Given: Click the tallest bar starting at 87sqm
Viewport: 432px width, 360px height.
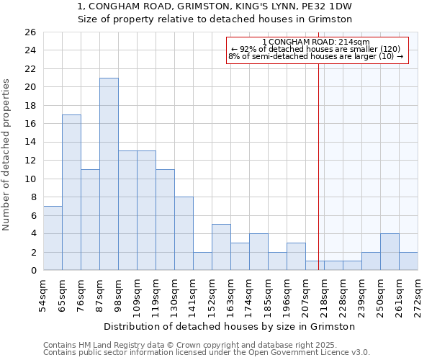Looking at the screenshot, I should (109, 174).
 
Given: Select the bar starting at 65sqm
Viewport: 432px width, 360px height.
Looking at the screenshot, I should (71, 192).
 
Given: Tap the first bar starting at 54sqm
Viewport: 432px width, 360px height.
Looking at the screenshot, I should (53, 238).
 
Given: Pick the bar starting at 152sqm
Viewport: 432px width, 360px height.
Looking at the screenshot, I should (221, 247).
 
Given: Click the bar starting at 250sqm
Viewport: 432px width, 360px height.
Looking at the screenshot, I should (390, 252).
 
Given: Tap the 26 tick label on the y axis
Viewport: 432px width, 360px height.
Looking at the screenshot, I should (30, 32).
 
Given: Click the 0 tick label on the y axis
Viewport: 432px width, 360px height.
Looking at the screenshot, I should (32, 271).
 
